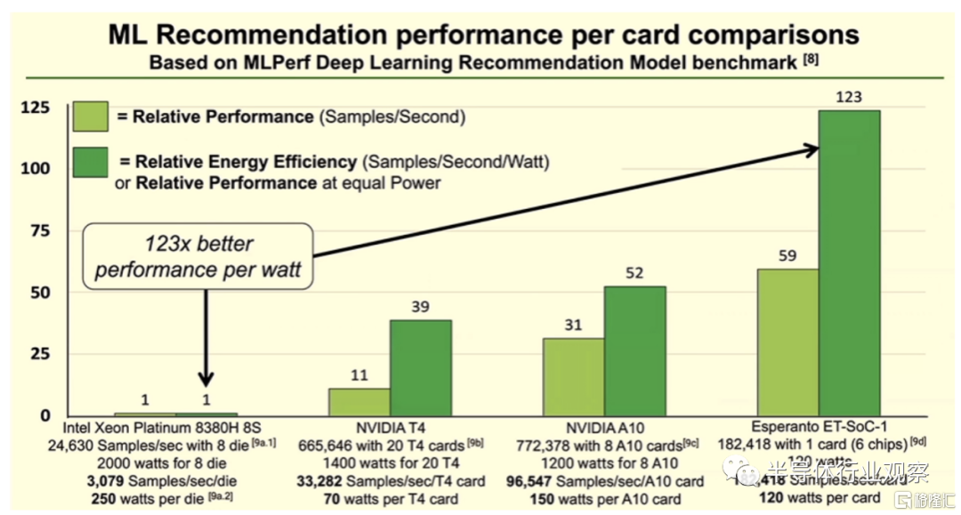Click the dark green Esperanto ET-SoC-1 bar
click(849, 262)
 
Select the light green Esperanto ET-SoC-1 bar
click(787, 342)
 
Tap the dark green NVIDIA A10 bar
click(635, 350)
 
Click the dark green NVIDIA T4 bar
click(421, 367)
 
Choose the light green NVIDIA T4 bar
click(359, 401)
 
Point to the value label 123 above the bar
click(849, 96)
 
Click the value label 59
click(787, 255)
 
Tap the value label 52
click(635, 273)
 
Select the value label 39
click(421, 306)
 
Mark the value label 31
click(574, 325)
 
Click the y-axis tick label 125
click(35, 108)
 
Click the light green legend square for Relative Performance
click(91, 117)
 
